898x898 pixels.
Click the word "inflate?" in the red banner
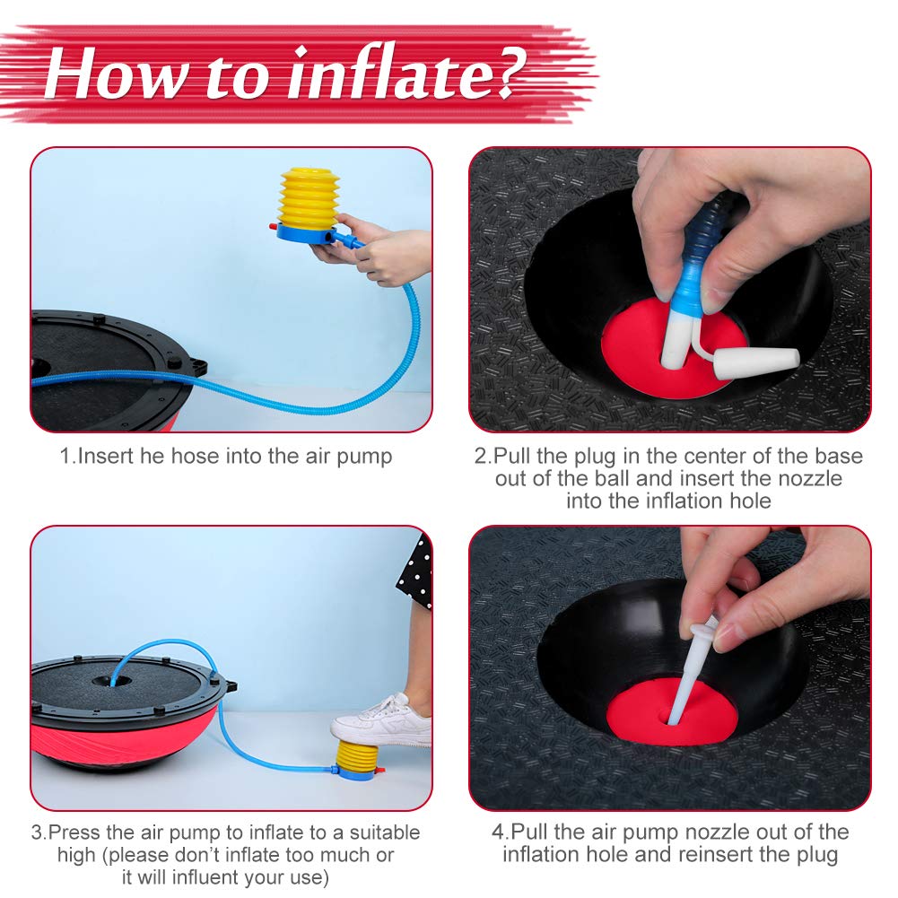click(406, 74)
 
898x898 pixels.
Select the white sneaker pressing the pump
click(381, 720)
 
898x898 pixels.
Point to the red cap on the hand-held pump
click(273, 227)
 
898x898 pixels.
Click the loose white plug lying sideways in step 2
click(757, 361)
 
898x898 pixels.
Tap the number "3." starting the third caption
click(39, 833)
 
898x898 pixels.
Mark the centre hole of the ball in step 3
click(112, 682)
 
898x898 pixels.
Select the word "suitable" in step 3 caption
click(385, 833)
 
